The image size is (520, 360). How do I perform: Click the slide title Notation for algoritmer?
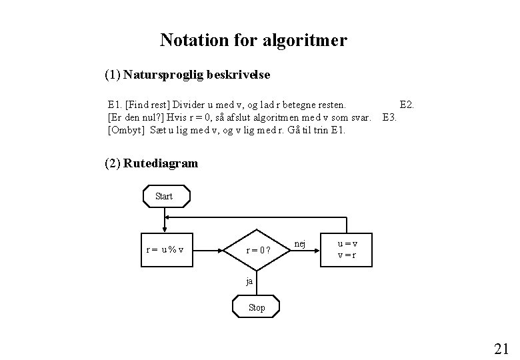click(x=253, y=41)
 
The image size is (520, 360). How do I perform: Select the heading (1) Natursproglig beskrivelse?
click(x=187, y=75)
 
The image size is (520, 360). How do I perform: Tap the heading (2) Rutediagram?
click(x=151, y=163)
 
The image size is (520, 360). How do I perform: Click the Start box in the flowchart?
click(x=163, y=196)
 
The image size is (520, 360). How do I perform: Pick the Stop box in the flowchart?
click(x=256, y=307)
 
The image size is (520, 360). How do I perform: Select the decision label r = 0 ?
click(x=258, y=251)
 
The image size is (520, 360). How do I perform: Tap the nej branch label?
click(x=300, y=244)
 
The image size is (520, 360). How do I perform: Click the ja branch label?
click(x=249, y=281)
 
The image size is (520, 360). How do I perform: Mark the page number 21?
click(x=501, y=348)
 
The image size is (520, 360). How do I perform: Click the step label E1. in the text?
click(x=115, y=105)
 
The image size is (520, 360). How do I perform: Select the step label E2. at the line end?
click(x=406, y=105)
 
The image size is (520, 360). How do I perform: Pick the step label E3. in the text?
click(x=390, y=117)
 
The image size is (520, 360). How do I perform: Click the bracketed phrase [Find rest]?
click(x=147, y=105)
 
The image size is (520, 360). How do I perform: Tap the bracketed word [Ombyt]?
click(x=126, y=129)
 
